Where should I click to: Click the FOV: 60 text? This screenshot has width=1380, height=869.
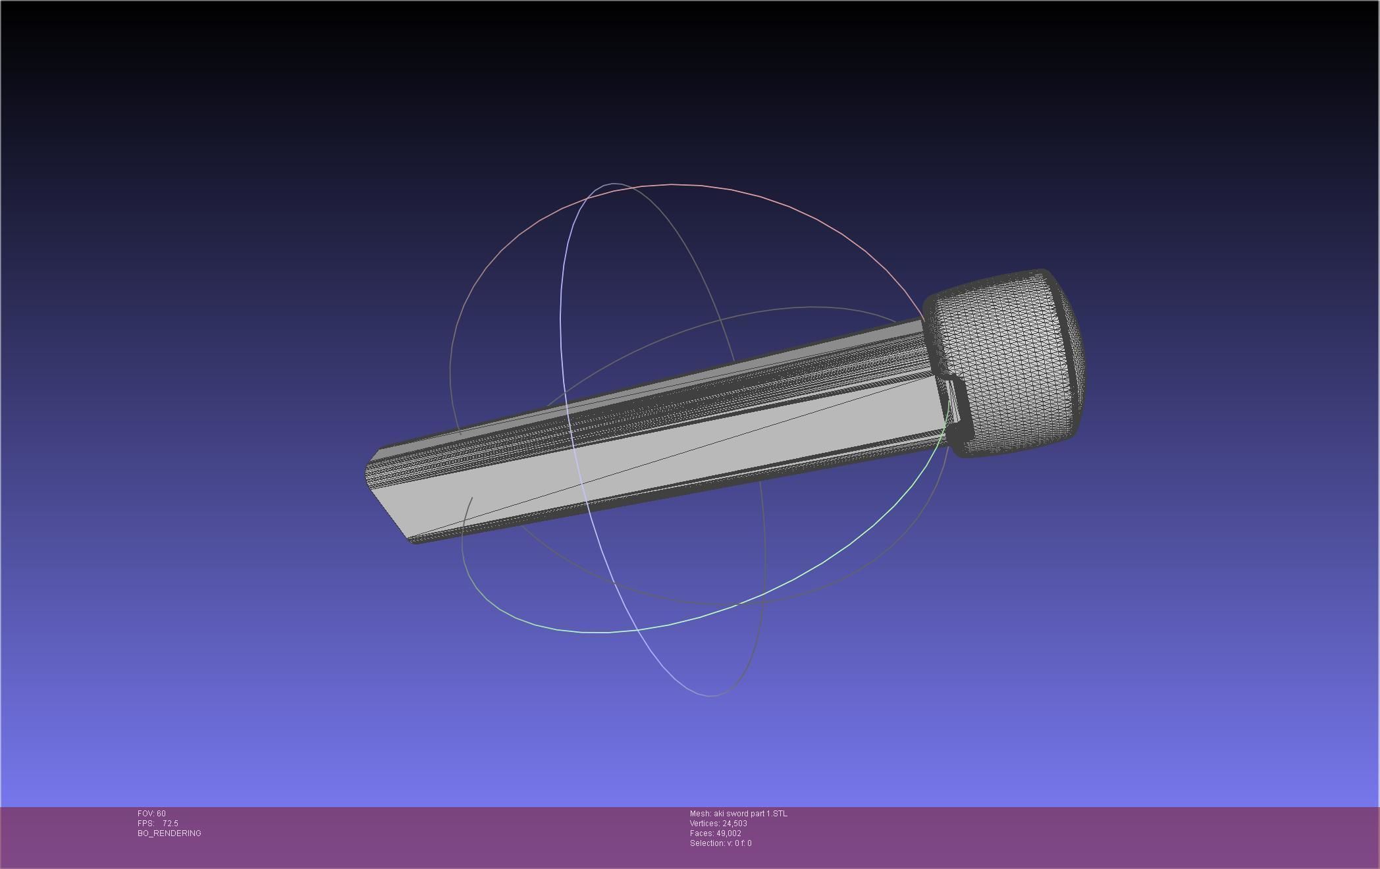coord(151,814)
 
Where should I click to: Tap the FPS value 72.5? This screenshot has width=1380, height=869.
coord(170,824)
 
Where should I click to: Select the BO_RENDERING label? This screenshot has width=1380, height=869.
coord(169,833)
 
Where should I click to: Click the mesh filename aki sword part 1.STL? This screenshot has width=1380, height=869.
coord(750,814)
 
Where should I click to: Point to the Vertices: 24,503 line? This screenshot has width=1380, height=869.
coord(718,824)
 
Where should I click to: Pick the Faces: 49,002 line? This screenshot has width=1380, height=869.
coord(715,833)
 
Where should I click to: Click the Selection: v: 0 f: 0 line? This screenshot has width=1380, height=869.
coord(720,843)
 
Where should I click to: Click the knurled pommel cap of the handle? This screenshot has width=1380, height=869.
coord(1007,365)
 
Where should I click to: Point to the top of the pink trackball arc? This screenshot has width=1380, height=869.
coord(672,185)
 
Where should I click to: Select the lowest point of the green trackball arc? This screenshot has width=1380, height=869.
coord(602,633)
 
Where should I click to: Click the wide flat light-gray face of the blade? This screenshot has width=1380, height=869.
coord(658,461)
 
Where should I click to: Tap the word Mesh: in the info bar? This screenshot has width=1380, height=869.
coord(700,814)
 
